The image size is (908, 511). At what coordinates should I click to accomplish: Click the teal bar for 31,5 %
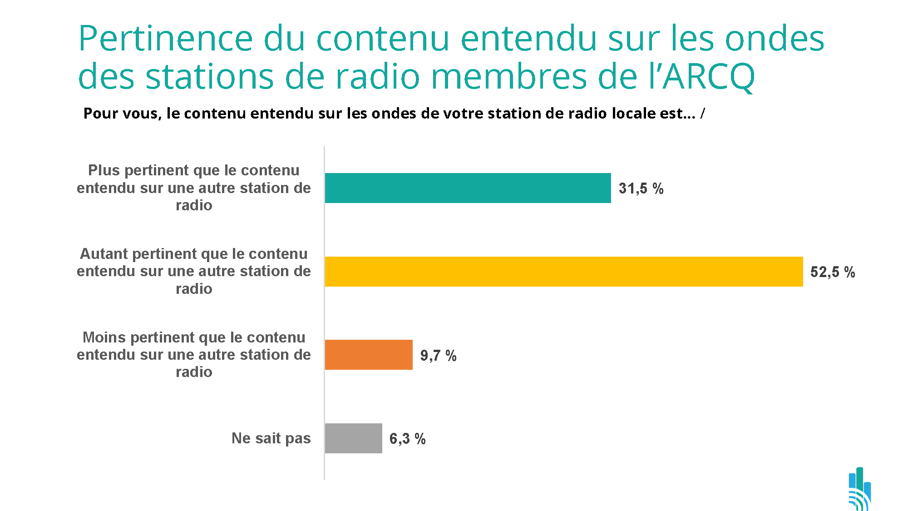[x=468, y=188]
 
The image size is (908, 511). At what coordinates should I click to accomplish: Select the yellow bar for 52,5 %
[x=563, y=272]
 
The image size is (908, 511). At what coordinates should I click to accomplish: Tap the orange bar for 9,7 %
[x=369, y=355]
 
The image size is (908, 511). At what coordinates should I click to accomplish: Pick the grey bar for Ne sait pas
[x=353, y=438]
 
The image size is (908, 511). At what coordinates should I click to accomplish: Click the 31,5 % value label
[x=641, y=189]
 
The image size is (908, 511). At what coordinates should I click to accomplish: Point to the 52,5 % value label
[x=833, y=272]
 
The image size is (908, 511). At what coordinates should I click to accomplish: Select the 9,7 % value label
[x=438, y=356]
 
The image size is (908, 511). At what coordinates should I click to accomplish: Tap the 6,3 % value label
[x=407, y=439]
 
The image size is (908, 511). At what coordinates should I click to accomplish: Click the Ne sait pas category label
[x=271, y=438]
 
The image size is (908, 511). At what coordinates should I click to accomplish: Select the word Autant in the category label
[x=104, y=254]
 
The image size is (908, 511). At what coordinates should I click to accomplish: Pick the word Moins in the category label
[x=104, y=337]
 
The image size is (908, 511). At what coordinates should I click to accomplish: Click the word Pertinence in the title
[x=165, y=40]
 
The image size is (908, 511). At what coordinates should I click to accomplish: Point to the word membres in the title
[x=508, y=77]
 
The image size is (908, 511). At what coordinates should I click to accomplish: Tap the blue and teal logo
[x=859, y=489]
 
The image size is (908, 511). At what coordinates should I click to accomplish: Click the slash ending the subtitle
[x=702, y=114]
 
